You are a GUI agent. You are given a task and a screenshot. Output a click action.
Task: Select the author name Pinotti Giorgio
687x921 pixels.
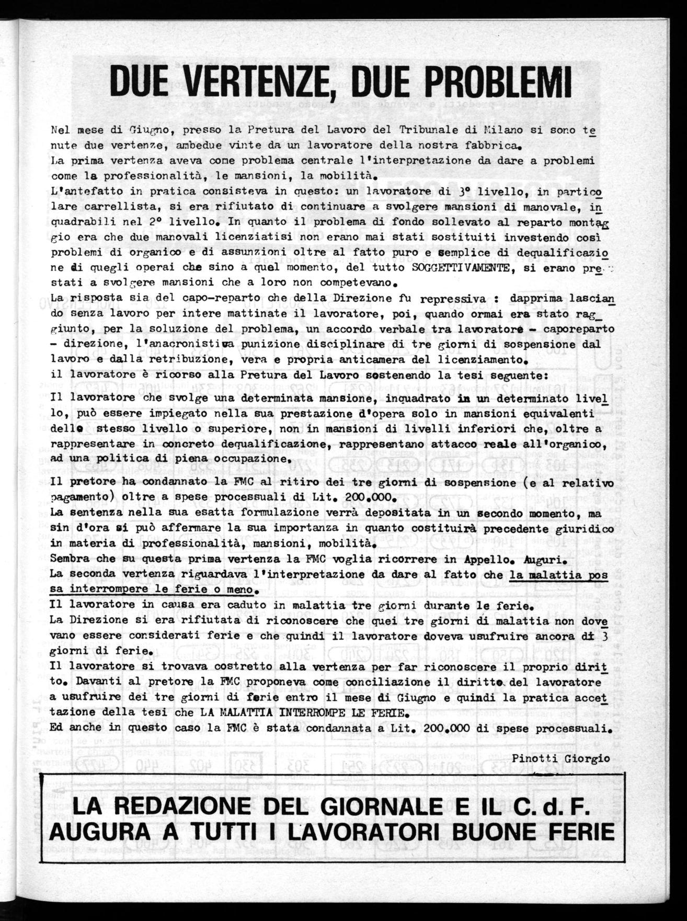[561, 758]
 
